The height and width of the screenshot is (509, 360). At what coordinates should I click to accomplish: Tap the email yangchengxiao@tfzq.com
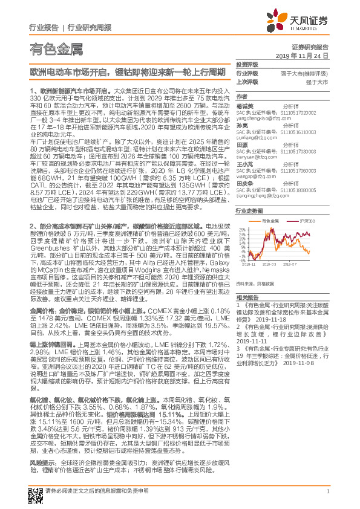click(261, 117)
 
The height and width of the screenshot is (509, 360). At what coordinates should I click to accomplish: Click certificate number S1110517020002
click(299, 112)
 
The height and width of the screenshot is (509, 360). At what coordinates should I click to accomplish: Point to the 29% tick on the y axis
click(242, 230)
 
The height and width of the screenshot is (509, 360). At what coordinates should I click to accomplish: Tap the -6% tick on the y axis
click(242, 259)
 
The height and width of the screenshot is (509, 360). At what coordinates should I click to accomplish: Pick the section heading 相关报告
click(248, 297)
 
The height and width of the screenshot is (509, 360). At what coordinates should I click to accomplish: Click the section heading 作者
click(242, 96)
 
